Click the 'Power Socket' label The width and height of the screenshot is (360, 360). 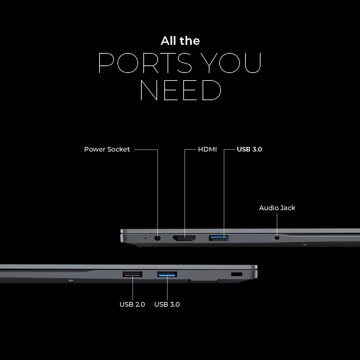click(x=107, y=150)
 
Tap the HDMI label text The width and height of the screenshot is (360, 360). click(x=207, y=150)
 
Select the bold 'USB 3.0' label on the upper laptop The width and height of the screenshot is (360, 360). click(x=249, y=150)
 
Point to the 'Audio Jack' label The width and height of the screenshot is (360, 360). click(x=277, y=208)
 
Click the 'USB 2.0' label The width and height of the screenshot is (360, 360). click(x=132, y=304)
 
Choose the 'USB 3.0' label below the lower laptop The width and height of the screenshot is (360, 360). click(x=167, y=304)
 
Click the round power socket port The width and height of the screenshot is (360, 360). click(x=157, y=238)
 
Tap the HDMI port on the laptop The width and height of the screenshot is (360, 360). click(x=184, y=238)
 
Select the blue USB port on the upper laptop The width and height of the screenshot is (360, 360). click(x=218, y=238)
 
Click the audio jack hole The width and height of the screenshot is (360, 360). click(x=277, y=238)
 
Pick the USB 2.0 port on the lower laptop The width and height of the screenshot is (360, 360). click(x=133, y=274)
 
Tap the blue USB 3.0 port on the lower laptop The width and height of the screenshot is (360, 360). click(x=167, y=274)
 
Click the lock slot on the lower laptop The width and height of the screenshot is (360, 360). click(x=237, y=274)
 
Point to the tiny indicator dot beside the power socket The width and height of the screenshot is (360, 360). click(x=145, y=238)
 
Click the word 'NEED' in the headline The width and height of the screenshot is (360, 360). click(x=180, y=90)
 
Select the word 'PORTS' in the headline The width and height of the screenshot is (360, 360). click(x=145, y=63)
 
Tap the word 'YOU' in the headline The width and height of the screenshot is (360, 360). click(x=231, y=63)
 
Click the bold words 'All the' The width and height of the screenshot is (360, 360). click(x=180, y=41)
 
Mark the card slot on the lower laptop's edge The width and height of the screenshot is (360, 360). click(x=204, y=280)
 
